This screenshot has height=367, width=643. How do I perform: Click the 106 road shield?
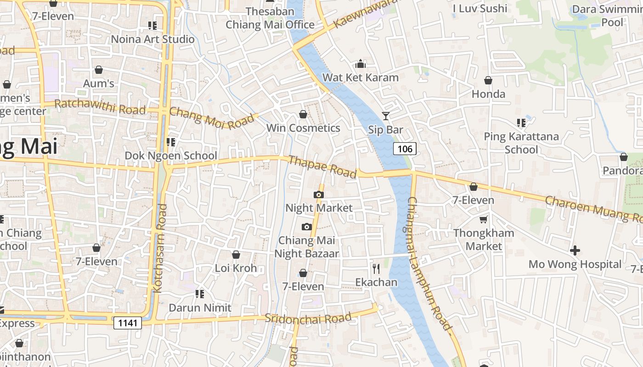pyautogui.click(x=405, y=149)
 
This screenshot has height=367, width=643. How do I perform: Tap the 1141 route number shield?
pyautogui.click(x=128, y=323)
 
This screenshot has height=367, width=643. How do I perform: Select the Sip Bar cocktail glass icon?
pyautogui.click(x=386, y=116)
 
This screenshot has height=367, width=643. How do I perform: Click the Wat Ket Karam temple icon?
pyautogui.click(x=361, y=64)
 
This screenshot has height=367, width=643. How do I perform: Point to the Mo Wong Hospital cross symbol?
pyautogui.click(x=575, y=250)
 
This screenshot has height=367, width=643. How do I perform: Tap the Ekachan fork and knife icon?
pyautogui.click(x=376, y=268)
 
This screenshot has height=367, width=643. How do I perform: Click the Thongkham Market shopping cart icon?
pyautogui.click(x=483, y=220)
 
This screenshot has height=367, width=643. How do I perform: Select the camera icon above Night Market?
pyautogui.click(x=319, y=195)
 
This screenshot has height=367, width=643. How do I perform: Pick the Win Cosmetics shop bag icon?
pyautogui.click(x=303, y=114)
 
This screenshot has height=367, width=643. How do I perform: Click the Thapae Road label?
pyautogui.click(x=322, y=167)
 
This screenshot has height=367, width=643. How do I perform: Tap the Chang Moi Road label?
pyautogui.click(x=211, y=118)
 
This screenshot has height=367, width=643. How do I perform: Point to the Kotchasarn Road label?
pyautogui.click(x=160, y=248)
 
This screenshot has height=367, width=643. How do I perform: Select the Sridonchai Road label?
pyautogui.click(x=308, y=318)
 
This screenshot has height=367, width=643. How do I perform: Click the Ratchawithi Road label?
pyautogui.click(x=100, y=107)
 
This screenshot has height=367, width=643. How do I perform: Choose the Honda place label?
pyautogui.click(x=488, y=94)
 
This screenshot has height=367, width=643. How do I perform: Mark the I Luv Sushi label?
pyautogui.click(x=480, y=8)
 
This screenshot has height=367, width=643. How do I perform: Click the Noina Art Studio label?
pyautogui.click(x=152, y=39)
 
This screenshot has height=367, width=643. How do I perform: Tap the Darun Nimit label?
pyautogui.click(x=200, y=307)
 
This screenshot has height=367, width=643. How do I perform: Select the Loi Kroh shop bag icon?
pyautogui.click(x=236, y=255)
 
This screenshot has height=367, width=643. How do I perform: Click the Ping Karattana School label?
pyautogui.click(x=521, y=143)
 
